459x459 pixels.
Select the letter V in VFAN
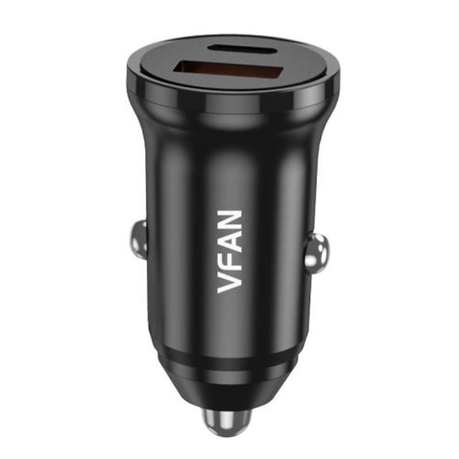click(x=231, y=278)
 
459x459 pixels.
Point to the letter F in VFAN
click(x=231, y=258)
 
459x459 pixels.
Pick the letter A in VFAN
click(x=231, y=238)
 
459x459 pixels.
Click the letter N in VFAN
click(x=231, y=217)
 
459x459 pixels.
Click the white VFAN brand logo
click(x=231, y=248)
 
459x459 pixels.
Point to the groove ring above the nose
click(x=229, y=365)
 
